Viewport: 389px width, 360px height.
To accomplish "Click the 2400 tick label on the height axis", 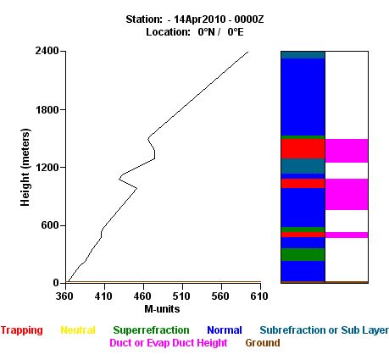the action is coord(47,51).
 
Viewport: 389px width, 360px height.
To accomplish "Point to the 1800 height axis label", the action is coord(47,109).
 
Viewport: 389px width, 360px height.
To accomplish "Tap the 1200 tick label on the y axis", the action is coord(47,168).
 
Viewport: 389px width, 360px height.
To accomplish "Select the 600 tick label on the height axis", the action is coord(50,225).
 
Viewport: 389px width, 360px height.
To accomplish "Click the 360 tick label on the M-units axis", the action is coord(64,296).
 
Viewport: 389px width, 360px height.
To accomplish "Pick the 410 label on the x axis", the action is coord(103,296).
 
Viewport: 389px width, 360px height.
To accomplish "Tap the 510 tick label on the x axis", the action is coord(181,296).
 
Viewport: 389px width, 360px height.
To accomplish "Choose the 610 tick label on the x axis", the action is coord(259,296).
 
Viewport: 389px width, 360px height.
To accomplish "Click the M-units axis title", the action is coord(162,309).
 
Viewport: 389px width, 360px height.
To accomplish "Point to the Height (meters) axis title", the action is coord(25,168).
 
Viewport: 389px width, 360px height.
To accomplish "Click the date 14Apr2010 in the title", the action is coord(200,19).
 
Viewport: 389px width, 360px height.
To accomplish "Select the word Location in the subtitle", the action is coord(168,32).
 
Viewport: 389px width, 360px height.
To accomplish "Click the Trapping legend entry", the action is coord(22,330).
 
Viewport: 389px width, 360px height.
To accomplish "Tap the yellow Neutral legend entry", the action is coord(78,330).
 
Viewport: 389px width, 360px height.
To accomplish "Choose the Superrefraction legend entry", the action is coord(151,330).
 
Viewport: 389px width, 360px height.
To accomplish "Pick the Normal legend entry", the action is coord(225,330).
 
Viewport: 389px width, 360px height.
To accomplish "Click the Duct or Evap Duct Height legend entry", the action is coord(169,343).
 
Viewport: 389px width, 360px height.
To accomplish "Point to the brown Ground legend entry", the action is coord(263,343).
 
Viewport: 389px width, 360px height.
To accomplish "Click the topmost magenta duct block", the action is coord(347,151).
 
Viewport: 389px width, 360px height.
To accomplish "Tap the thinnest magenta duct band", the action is coord(347,235).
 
